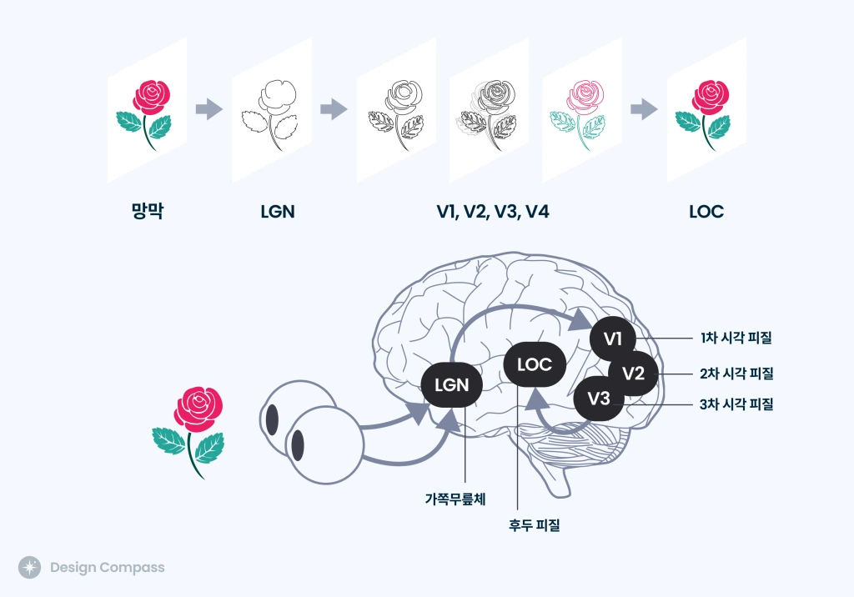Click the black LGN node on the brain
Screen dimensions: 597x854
click(451, 385)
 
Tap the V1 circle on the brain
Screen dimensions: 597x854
click(613, 339)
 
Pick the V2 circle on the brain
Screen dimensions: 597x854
click(634, 373)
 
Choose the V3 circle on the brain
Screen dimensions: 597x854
click(599, 399)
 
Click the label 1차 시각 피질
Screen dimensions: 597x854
click(736, 339)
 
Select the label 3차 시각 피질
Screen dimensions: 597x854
click(736, 405)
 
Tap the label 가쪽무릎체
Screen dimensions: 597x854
click(455, 499)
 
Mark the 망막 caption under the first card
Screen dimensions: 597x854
click(147, 212)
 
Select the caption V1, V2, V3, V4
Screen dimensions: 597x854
click(492, 212)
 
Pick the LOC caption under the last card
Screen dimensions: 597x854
click(706, 212)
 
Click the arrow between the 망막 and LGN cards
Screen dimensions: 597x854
click(209, 108)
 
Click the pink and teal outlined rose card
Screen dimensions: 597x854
click(581, 111)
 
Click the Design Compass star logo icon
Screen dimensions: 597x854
click(29, 568)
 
